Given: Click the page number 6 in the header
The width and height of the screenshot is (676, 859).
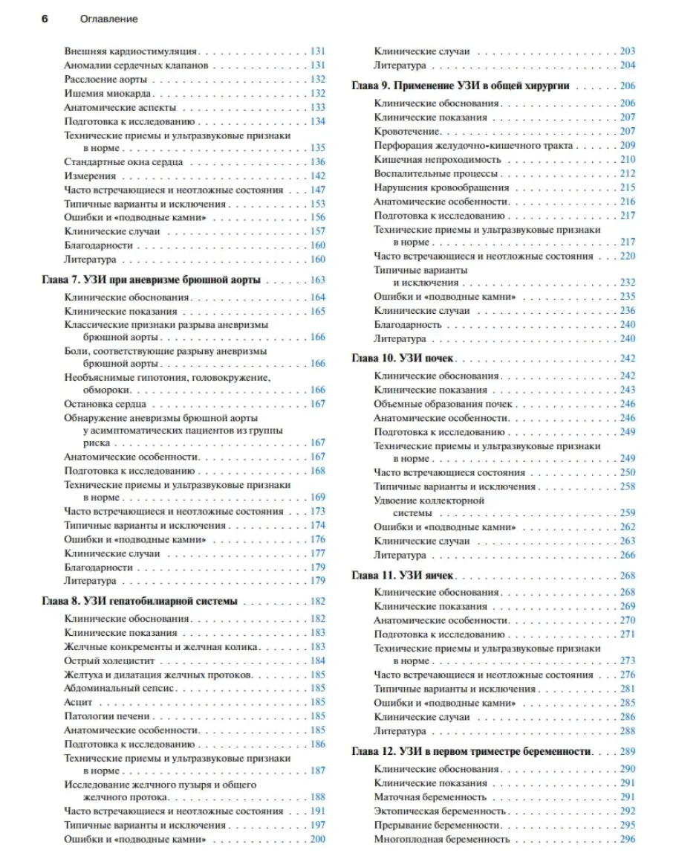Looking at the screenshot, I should click(44, 19).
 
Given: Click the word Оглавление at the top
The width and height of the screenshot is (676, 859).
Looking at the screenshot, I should click(108, 19).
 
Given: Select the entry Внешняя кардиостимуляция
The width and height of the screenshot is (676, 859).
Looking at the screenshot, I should click(131, 51).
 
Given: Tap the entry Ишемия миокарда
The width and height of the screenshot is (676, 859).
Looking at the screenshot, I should click(108, 94).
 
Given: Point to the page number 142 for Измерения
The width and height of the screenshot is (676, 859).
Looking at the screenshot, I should click(318, 176).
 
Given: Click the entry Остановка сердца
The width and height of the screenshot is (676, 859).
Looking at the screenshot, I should click(105, 404).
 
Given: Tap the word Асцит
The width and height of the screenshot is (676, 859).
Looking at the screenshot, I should click(78, 702).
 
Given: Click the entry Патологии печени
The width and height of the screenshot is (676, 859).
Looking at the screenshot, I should click(107, 716).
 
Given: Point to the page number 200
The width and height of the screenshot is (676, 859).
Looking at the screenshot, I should click(318, 839).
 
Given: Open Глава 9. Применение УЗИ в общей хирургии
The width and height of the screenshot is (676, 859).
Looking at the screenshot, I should click(461, 86).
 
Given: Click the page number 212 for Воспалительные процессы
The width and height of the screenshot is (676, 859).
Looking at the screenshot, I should click(628, 173).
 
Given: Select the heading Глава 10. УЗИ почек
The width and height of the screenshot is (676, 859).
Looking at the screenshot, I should click(407, 358).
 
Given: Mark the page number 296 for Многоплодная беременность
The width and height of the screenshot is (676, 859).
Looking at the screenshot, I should click(628, 839).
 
